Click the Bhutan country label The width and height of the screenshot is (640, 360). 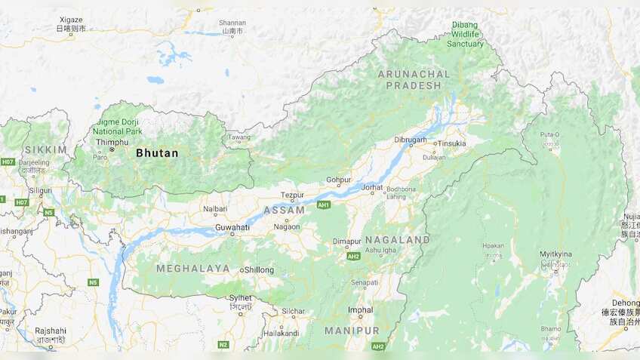(157, 153)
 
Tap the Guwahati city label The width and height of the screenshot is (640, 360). (232, 226)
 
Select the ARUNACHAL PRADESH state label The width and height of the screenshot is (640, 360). (414, 79)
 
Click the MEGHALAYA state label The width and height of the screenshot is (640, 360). (193, 268)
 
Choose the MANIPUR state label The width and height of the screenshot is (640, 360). (352, 331)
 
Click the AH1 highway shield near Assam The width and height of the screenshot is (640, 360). (324, 205)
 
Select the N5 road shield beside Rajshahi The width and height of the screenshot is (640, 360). (93, 282)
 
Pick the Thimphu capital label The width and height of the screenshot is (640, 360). (112, 142)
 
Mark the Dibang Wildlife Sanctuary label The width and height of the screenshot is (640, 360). (465, 34)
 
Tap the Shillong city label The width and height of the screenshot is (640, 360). (259, 269)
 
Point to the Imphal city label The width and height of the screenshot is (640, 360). (360, 309)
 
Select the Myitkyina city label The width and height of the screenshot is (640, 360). (555, 254)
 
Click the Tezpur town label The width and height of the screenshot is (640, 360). (291, 195)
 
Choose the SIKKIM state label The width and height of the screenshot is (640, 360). (45, 149)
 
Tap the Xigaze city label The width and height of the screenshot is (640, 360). (71, 19)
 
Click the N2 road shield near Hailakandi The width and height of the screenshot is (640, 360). (223, 344)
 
